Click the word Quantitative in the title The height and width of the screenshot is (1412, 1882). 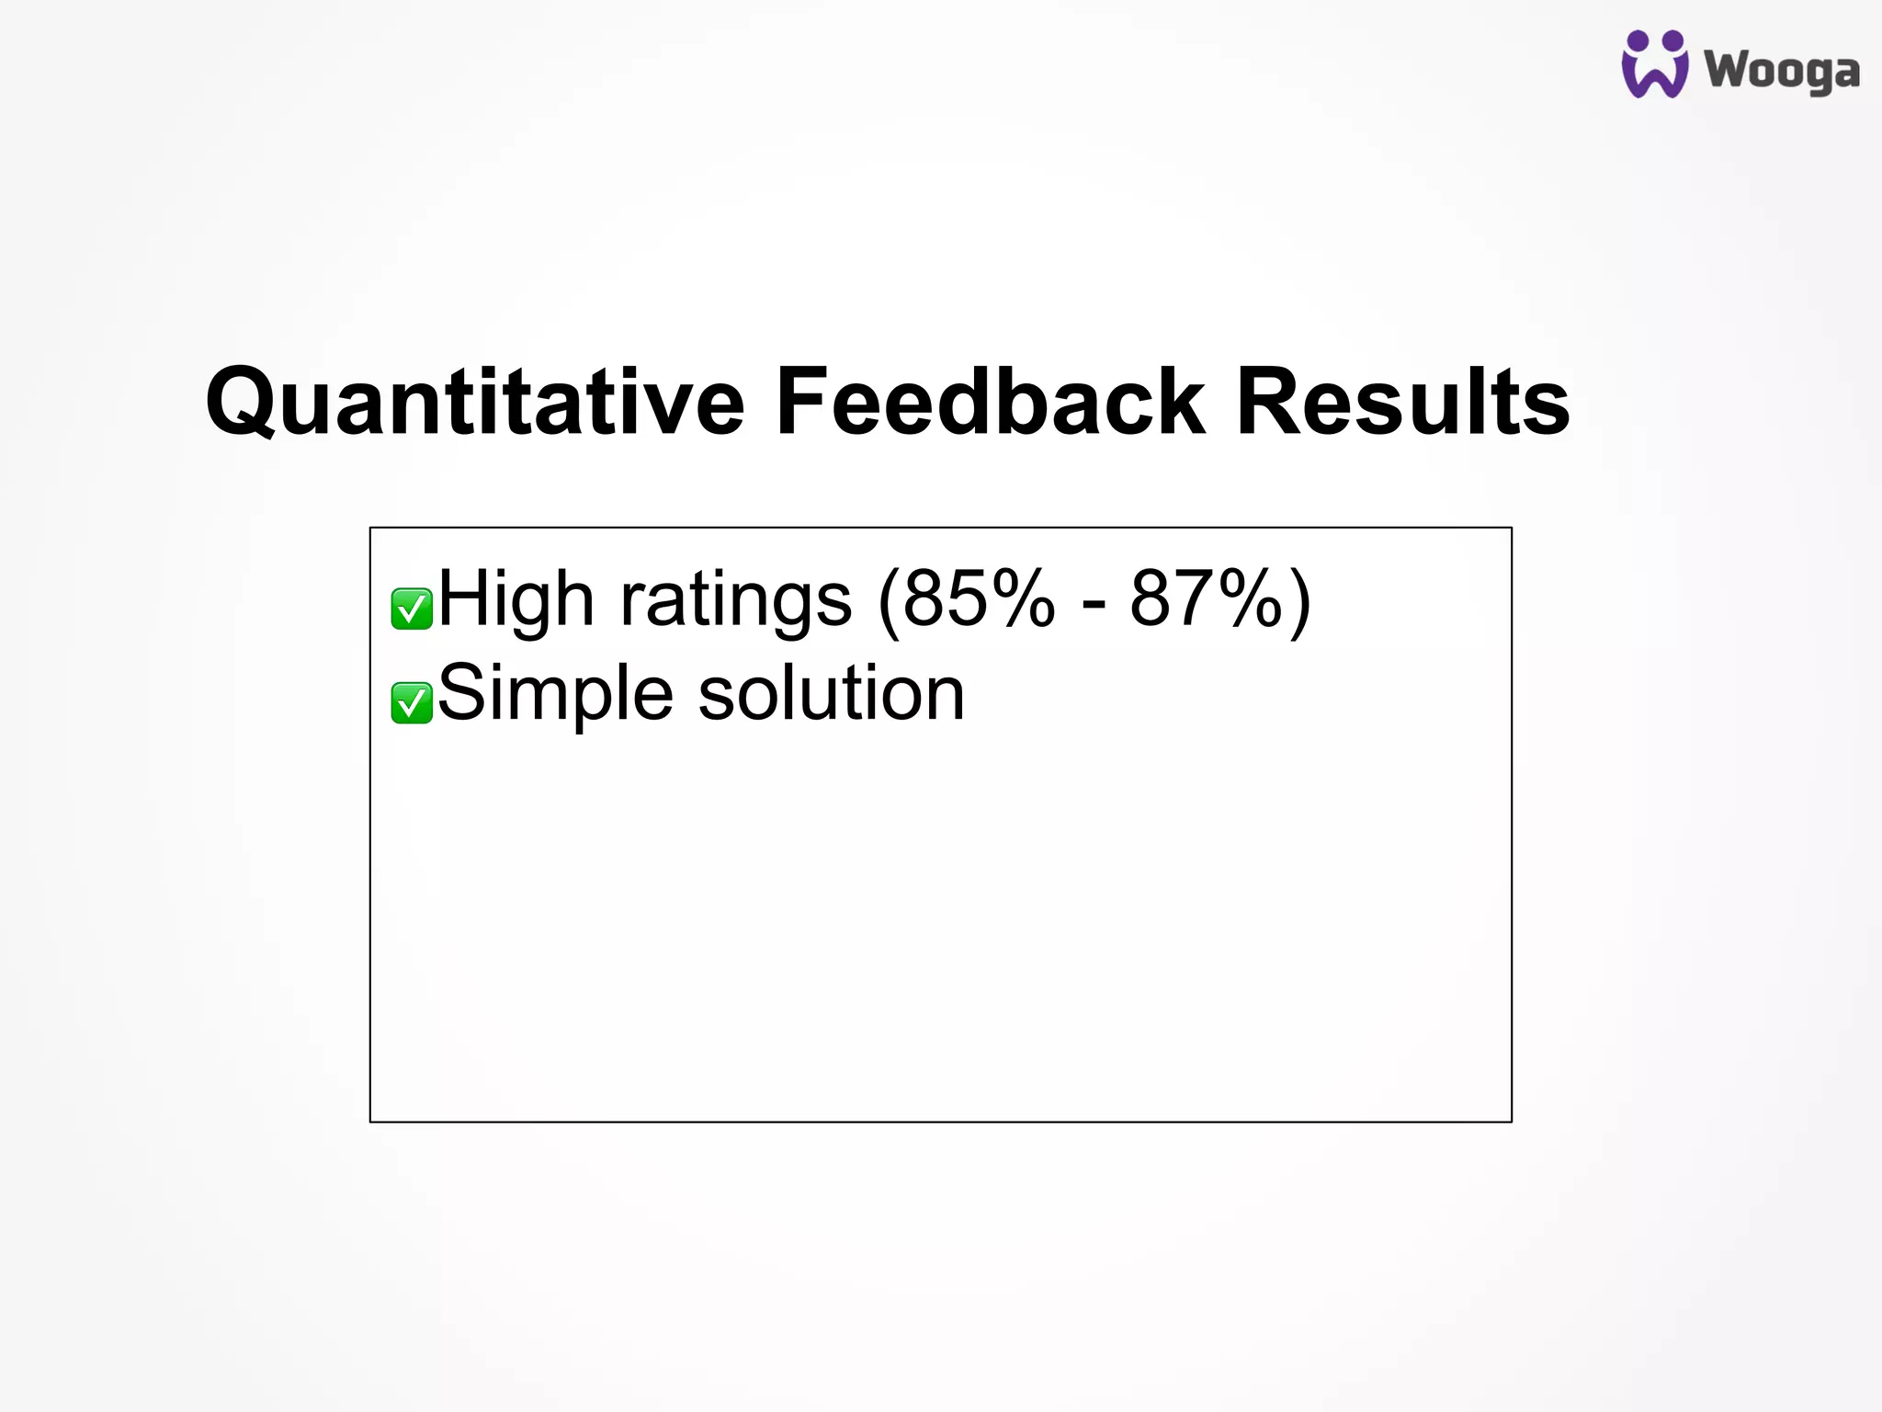(x=474, y=402)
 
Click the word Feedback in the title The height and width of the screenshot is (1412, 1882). (x=989, y=402)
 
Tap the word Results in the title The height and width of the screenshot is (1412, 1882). (x=1402, y=402)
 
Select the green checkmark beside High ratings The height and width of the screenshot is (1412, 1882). (x=411, y=609)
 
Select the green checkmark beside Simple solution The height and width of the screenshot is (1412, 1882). (x=411, y=703)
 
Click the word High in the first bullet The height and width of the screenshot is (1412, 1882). (x=516, y=599)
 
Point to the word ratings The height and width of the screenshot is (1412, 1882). (x=735, y=599)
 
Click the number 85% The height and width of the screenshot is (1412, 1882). (x=979, y=599)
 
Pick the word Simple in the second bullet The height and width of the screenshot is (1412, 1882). (x=554, y=694)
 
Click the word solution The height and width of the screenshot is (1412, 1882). (x=831, y=694)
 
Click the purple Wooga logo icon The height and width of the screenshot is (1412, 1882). (x=1654, y=64)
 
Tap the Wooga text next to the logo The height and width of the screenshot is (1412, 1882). (x=1781, y=71)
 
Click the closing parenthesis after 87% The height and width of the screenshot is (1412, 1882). (x=1299, y=602)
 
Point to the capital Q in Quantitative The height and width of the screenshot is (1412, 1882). (x=242, y=402)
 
